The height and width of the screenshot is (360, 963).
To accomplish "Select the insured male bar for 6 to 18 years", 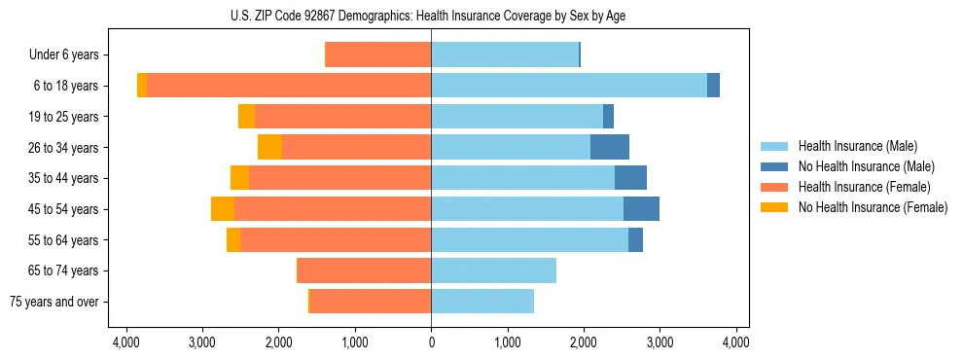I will point(569,86).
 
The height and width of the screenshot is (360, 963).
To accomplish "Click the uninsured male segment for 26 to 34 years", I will point(610,147).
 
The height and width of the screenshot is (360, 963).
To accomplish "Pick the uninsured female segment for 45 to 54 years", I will point(223,209).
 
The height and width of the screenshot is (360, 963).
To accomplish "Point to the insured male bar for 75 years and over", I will point(482,302).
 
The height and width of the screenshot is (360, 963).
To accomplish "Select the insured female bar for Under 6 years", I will point(378,54).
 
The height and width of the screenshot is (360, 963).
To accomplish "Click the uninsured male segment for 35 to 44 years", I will point(631,178).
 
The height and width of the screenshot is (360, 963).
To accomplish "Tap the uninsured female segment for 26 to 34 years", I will point(270,147).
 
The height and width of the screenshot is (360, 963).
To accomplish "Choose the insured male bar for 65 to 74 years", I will point(494,270).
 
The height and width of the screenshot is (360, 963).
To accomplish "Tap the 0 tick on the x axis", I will point(431,342).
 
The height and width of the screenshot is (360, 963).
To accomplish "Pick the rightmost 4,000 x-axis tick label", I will point(736,342).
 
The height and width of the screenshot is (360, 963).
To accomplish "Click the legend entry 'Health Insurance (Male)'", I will point(857,146).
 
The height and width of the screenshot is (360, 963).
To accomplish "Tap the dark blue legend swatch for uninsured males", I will point(775,166).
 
